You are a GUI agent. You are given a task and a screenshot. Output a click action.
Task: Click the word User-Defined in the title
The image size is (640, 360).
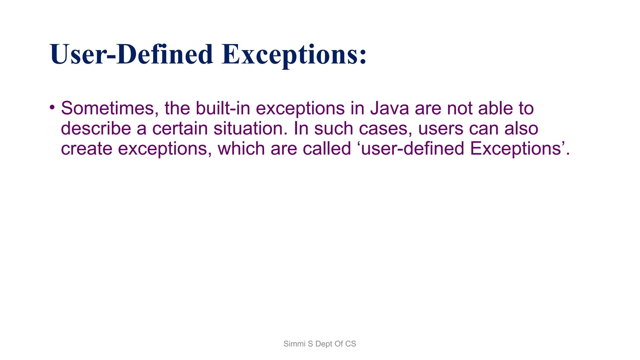pos(131,55)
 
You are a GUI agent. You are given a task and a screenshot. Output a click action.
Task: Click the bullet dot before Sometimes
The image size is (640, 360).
pos(52,107)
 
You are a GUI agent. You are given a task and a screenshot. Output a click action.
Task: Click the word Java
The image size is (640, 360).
pos(389,108)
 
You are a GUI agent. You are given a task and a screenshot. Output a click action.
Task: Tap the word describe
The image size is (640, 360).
pos(96,128)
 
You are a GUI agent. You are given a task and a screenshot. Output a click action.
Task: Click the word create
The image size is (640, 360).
pos(87,148)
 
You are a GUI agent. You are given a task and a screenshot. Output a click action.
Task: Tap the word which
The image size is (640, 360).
pos(241,148)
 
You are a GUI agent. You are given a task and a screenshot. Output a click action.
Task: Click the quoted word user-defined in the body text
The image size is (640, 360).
pos(412,148)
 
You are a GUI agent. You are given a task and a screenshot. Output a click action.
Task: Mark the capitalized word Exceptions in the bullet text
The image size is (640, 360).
pos(516,149)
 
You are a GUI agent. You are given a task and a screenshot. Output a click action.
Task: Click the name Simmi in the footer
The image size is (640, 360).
pos(294,344)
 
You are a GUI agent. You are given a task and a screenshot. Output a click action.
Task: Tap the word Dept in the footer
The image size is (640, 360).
pos(324,344)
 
